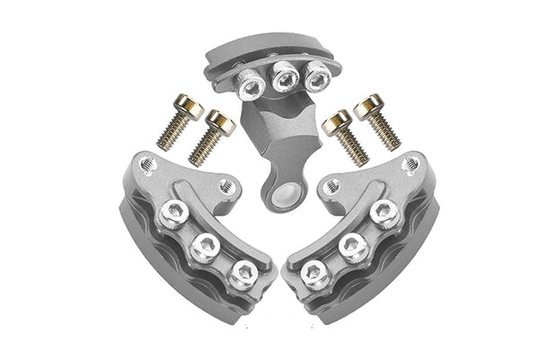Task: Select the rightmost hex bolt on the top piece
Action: coord(314,78)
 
